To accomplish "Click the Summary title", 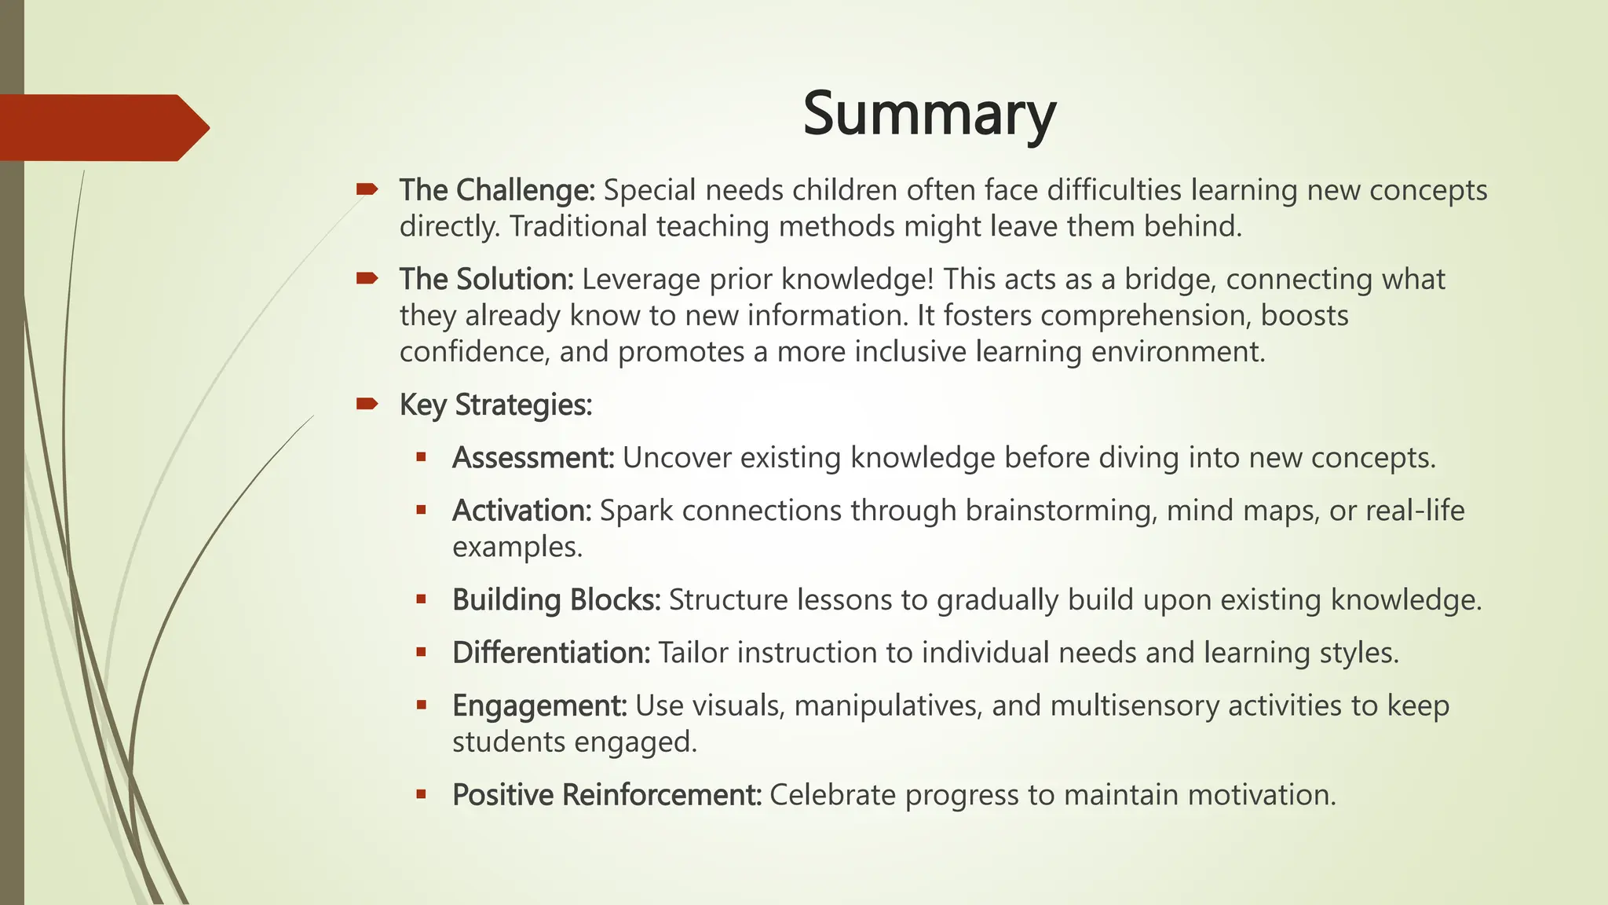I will point(929,115).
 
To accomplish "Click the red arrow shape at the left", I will point(102,127).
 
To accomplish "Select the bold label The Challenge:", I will point(497,190).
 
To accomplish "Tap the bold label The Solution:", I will point(487,280).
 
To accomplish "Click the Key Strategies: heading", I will point(495,405).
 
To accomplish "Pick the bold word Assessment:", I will point(533,458).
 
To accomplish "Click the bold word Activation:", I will point(521,511).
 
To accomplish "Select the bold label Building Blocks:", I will point(556,600).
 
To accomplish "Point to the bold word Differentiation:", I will point(551,653).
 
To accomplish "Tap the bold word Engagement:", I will point(539,705).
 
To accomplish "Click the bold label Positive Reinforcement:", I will point(607,795).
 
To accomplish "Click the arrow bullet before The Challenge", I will point(367,189).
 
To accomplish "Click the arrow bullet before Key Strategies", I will point(367,405).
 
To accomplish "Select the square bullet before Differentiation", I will point(422,652).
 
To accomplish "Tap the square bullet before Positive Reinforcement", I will point(422,794).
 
